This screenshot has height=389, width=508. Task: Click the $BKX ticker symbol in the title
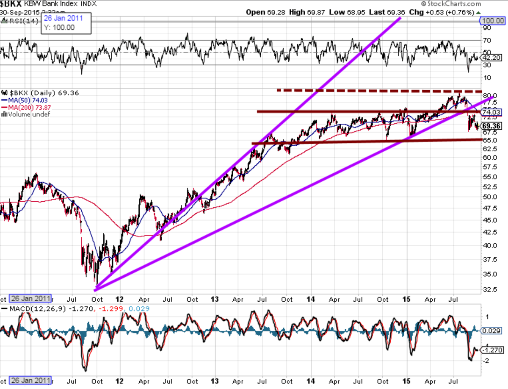[11, 4]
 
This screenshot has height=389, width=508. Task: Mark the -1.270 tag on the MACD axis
[493, 350]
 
